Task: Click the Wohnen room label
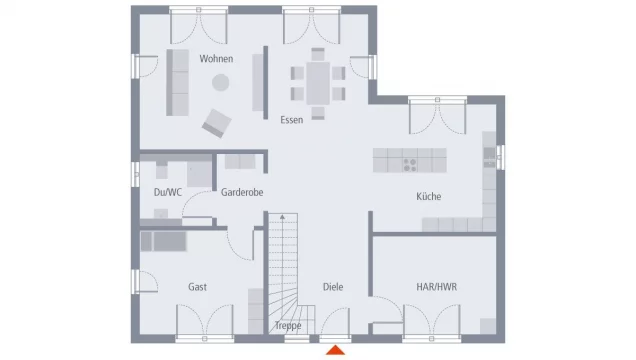[x=216, y=59]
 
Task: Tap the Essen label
[x=292, y=120]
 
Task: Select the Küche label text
[x=428, y=197]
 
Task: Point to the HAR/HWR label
[x=436, y=287]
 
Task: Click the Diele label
[x=333, y=287]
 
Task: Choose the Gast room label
[x=198, y=287]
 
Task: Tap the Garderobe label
[x=242, y=192]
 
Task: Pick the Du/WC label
[x=168, y=192]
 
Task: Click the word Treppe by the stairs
[x=288, y=326]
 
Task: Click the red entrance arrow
[x=335, y=350]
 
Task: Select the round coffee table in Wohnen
[x=221, y=83]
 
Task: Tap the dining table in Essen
[x=318, y=84]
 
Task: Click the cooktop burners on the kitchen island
[x=410, y=165]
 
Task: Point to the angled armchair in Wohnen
[x=217, y=123]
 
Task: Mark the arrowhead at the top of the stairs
[x=282, y=217]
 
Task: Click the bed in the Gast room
[x=163, y=241]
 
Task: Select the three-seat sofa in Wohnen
[x=178, y=83]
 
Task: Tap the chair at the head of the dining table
[x=318, y=54]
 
